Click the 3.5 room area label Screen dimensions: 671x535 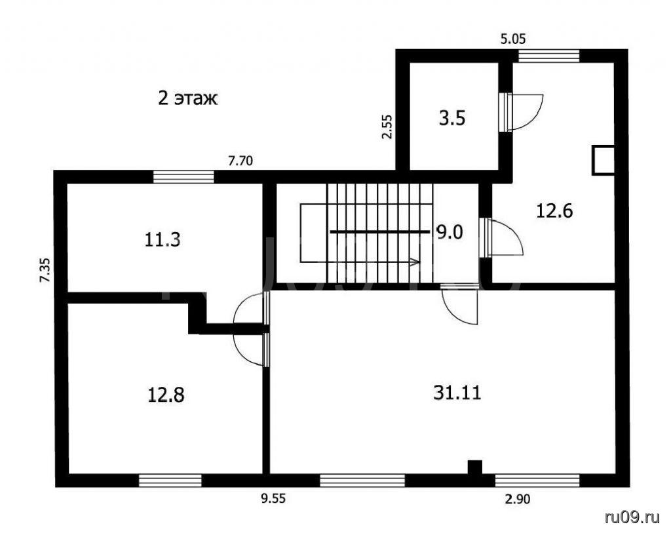[x=452, y=118]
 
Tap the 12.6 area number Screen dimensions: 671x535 [x=554, y=211]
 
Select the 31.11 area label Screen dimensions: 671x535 [x=457, y=393]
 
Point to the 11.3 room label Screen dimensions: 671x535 [x=163, y=240]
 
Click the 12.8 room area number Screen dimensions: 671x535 [x=166, y=395]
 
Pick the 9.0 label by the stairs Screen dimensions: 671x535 [x=450, y=233]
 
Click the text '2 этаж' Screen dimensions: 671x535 [x=188, y=98]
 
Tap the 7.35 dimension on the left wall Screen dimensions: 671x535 [x=45, y=269]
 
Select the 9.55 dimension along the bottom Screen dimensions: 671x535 [x=273, y=499]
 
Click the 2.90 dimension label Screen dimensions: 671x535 [x=518, y=499]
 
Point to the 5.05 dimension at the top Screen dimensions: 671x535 [x=513, y=39]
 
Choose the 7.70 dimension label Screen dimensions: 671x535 [x=240, y=161]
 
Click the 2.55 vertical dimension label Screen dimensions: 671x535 [x=387, y=127]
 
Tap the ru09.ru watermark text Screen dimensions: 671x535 [x=632, y=517]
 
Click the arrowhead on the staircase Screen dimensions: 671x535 [x=415, y=262]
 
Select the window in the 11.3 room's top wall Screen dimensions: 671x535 [x=183, y=177]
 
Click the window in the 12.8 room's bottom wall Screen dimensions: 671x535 [x=170, y=480]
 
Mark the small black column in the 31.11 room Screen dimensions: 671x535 [x=474, y=467]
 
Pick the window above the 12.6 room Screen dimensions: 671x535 [x=549, y=56]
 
